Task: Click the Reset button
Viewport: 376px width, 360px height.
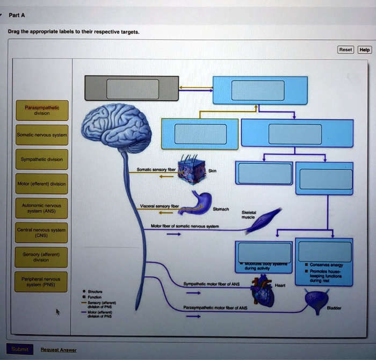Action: (345, 49)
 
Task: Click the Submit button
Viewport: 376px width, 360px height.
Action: (19, 349)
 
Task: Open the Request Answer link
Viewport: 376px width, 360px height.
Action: (59, 350)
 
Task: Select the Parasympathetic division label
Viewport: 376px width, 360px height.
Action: (42, 111)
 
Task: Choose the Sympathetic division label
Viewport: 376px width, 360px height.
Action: (42, 160)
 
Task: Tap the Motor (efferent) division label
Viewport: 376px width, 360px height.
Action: (42, 184)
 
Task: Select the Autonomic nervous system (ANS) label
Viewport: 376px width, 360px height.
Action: (42, 208)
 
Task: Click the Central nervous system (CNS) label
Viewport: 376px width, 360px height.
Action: (42, 233)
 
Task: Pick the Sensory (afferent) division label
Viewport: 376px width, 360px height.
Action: (42, 256)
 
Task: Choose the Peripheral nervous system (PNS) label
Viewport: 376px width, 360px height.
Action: (42, 282)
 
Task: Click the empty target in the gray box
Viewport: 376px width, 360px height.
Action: (132, 89)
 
